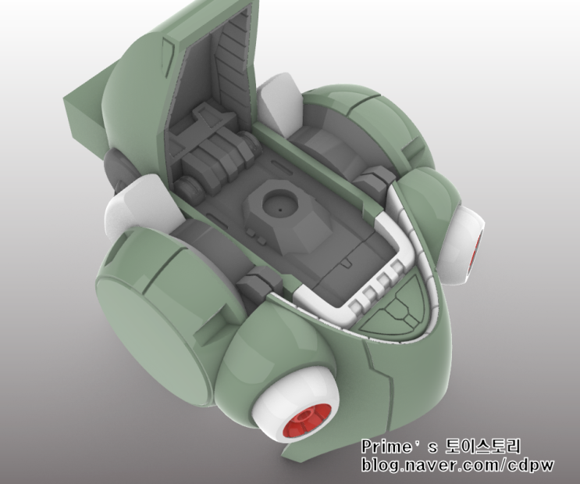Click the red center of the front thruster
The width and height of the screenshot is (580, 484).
point(304,422)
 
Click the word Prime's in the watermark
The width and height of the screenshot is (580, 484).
point(400,446)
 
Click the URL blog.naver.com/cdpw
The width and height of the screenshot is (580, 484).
point(457,464)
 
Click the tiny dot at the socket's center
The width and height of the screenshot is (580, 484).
point(280,210)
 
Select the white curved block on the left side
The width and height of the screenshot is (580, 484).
point(142,208)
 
